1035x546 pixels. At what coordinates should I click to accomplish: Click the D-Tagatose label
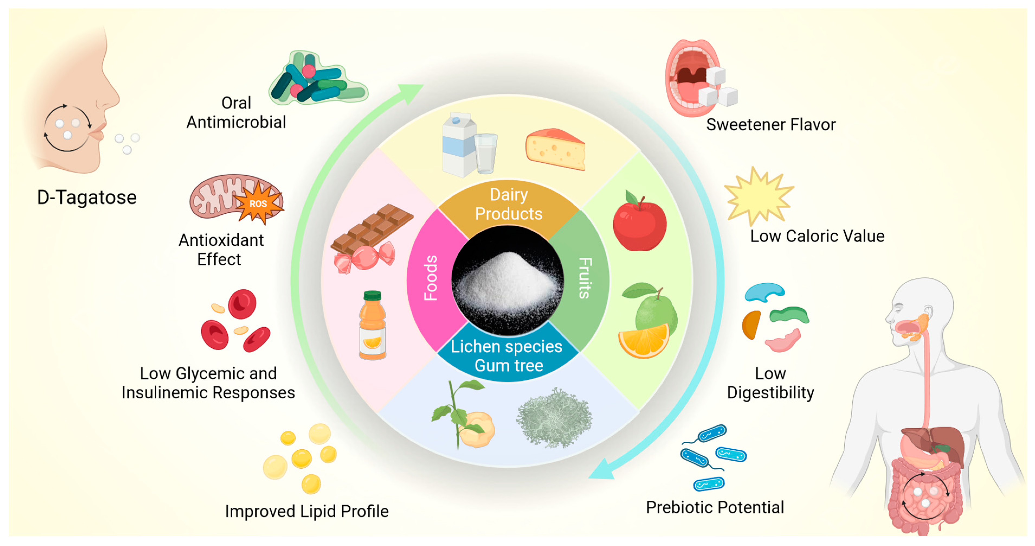[87, 198]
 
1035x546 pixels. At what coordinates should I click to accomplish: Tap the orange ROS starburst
[258, 203]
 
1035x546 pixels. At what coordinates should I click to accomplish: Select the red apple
[640, 224]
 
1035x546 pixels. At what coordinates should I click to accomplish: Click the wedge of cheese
[556, 150]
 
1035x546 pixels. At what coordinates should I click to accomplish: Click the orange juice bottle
[372, 325]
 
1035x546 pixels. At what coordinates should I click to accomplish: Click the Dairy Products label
[509, 204]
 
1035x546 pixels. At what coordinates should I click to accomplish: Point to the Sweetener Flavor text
[770, 125]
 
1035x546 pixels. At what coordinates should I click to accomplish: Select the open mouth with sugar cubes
[693, 78]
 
